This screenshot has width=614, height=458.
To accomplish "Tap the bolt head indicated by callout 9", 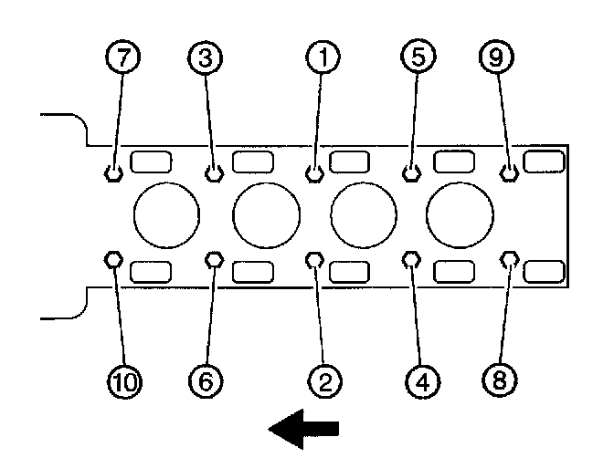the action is coord(510,172).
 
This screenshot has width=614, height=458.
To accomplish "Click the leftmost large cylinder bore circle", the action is coord(166,215).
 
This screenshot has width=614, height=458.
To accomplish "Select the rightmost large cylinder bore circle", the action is coord(460,215).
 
